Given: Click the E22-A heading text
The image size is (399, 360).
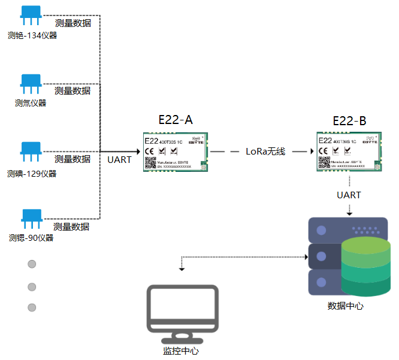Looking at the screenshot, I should [176, 120].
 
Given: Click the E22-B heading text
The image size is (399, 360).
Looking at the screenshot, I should [349, 121].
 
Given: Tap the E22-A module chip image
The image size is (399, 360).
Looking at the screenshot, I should [177, 152].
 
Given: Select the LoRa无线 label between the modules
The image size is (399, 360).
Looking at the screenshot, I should [265, 152].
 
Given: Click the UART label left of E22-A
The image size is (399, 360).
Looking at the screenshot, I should [119, 160].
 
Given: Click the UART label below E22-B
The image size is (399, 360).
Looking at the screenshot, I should [349, 195].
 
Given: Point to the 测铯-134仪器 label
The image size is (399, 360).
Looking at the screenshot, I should [32, 35].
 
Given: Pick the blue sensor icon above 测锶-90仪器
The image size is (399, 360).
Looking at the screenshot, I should [31, 219].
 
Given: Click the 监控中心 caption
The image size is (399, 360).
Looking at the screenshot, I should [180, 351].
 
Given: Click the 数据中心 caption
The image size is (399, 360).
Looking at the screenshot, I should [345, 306].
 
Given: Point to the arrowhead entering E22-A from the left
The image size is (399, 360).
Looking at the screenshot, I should [138, 152].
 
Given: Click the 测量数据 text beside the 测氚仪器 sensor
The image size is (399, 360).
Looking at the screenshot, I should [72, 91].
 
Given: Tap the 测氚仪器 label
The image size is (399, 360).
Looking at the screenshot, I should [31, 103].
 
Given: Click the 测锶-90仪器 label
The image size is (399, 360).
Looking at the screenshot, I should [31, 238].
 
